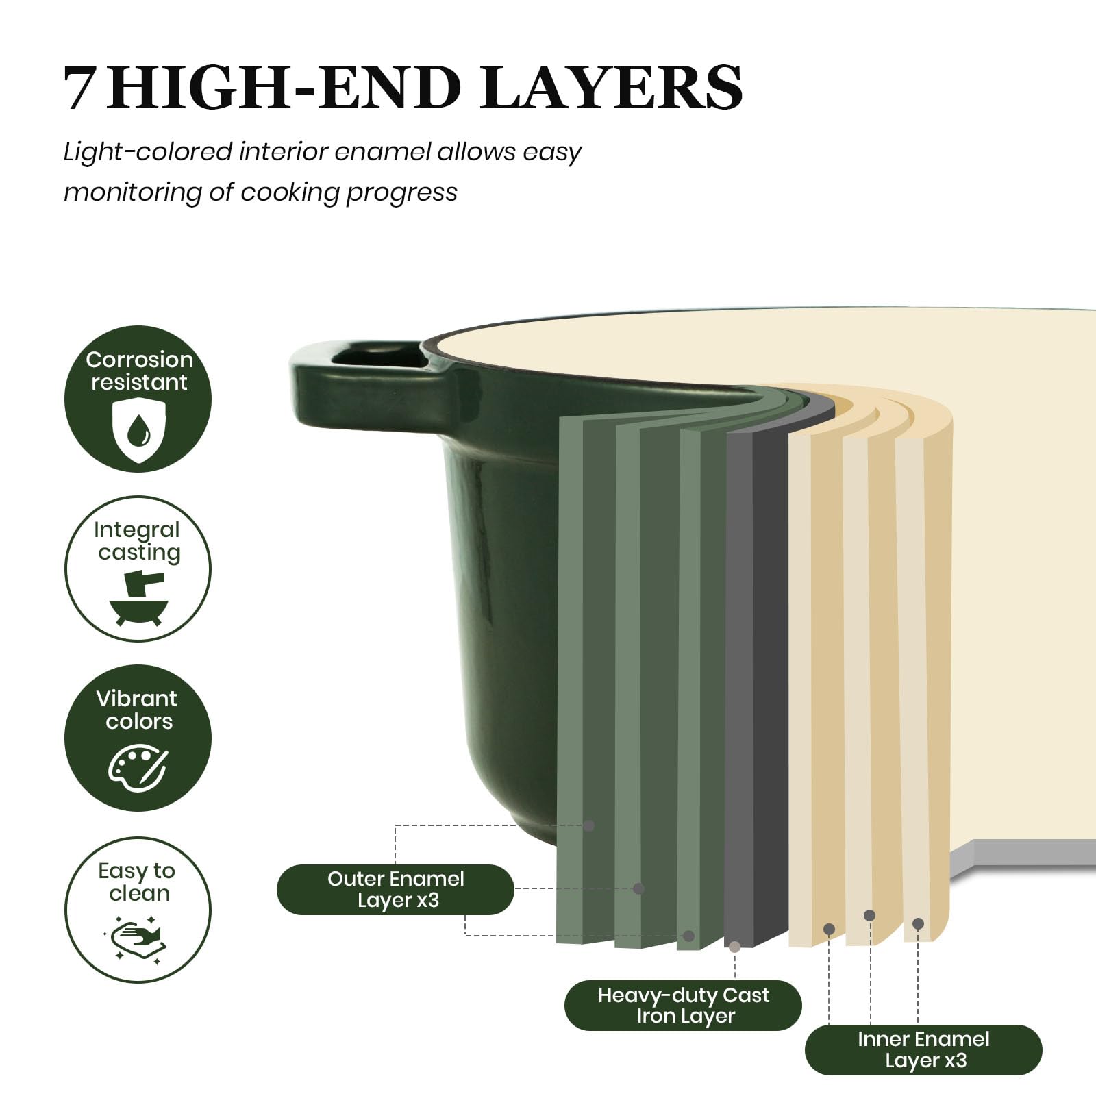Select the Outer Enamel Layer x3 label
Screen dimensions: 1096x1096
tap(395, 889)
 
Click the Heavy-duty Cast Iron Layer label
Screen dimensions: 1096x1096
tap(683, 1005)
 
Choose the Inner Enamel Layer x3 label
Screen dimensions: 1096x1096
tap(923, 1049)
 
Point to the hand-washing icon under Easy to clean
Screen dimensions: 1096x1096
tap(137, 939)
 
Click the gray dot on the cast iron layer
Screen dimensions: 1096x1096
tap(734, 947)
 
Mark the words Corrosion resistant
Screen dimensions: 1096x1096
tap(139, 371)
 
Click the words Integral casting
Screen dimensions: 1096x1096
tap(137, 541)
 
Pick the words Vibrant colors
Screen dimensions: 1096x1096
tap(138, 710)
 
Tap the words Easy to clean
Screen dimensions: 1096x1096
tap(137, 882)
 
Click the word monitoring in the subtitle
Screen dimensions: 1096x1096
tap(133, 192)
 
